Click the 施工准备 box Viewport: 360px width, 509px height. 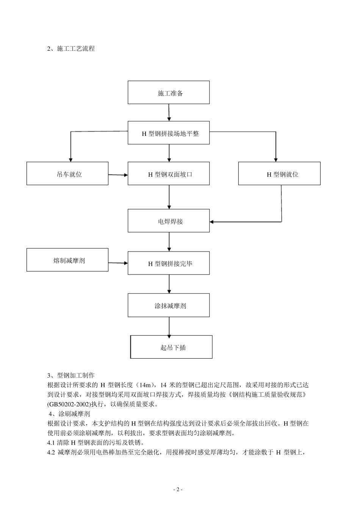(x=169, y=92)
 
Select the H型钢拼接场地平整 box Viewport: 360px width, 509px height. (x=169, y=133)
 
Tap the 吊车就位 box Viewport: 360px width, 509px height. (x=67, y=174)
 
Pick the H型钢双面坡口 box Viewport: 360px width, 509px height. (x=169, y=174)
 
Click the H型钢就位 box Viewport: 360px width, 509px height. (x=279, y=174)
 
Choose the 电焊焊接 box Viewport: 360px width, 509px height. (x=169, y=221)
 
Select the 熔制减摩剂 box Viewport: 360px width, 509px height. (x=67, y=260)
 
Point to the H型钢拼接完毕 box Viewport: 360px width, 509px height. (x=169, y=263)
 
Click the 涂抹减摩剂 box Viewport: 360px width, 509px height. (x=169, y=306)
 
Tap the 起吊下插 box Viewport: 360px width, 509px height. (x=171, y=347)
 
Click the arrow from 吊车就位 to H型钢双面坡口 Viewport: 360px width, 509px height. (x=118, y=175)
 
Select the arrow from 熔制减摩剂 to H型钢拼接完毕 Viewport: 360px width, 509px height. (x=118, y=263)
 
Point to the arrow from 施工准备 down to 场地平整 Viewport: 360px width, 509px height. (x=169, y=112)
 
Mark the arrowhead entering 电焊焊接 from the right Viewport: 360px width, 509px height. (x=213, y=222)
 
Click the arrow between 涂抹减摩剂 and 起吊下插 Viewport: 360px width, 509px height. (x=169, y=326)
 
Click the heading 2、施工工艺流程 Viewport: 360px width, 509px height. (x=71, y=48)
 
